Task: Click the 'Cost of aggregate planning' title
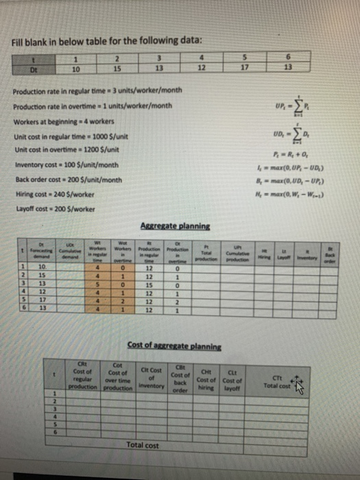(169, 343)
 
